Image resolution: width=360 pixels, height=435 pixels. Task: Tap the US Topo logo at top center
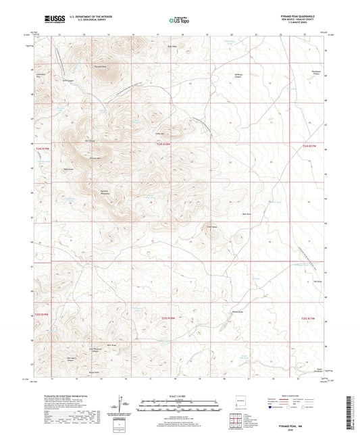(178, 20)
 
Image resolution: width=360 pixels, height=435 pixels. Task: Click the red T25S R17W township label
(308, 317)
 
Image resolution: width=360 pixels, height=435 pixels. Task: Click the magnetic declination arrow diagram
(122, 405)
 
